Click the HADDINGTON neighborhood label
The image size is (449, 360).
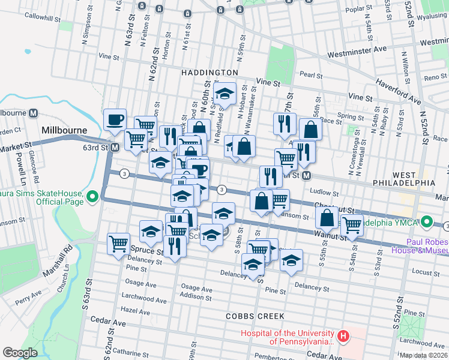209,72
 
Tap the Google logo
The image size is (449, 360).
20,353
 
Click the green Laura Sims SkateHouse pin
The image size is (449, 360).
92,196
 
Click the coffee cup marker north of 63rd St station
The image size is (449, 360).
115,119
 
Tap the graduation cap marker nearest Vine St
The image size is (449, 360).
224,94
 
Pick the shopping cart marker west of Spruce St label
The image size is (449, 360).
118,243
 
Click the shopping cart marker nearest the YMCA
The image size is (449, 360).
352,226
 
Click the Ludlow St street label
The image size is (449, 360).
325,193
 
